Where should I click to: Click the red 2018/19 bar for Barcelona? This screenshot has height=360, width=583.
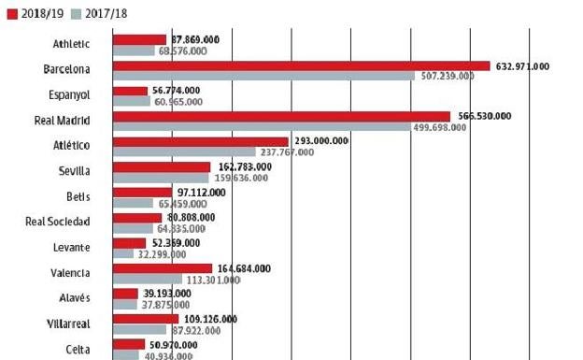[x=301, y=65]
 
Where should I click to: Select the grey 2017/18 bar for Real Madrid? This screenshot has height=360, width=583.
[x=261, y=126]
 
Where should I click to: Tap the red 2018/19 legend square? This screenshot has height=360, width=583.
[x=11, y=14]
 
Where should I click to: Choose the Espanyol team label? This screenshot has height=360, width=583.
[x=70, y=95]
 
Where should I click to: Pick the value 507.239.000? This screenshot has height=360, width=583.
[x=442, y=77]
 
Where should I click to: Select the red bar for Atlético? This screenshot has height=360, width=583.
[x=200, y=141]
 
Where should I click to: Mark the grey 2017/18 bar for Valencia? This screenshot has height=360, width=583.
[x=147, y=278]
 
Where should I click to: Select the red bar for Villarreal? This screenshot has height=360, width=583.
[x=145, y=319]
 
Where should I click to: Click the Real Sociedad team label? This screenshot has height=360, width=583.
[x=58, y=222]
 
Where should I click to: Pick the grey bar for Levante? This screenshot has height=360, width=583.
[x=123, y=252]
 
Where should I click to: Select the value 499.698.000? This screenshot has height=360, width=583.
[x=438, y=127]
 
